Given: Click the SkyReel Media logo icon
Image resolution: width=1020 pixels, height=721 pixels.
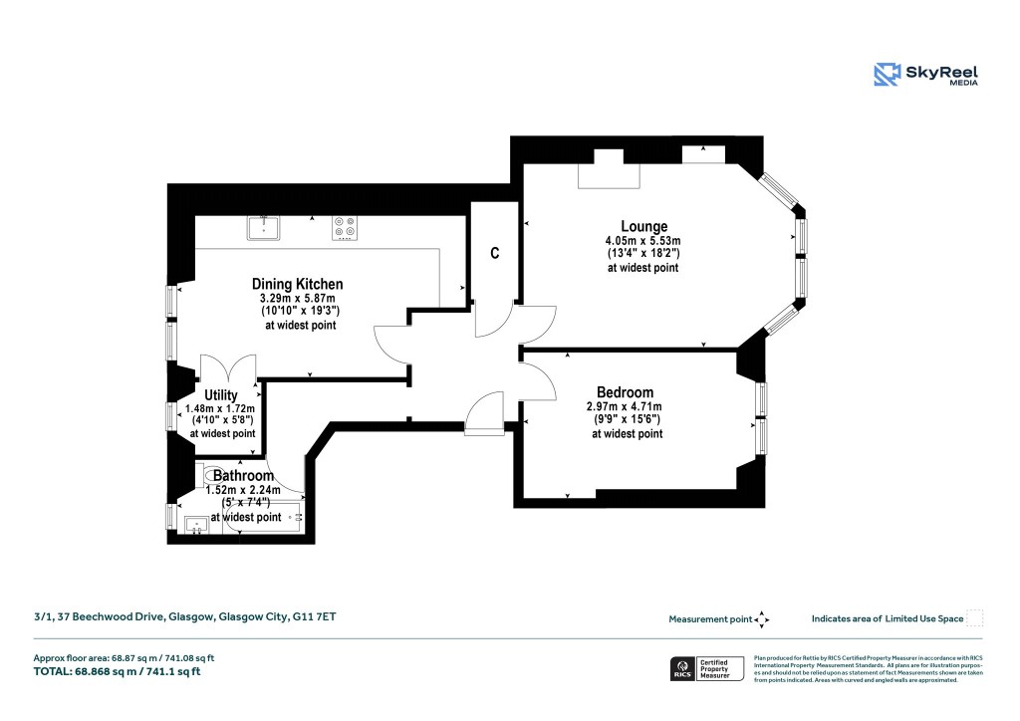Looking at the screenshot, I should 887,75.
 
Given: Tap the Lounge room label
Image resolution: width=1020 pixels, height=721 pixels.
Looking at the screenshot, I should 643,226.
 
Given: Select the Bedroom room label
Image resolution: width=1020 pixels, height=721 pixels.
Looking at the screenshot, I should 625,391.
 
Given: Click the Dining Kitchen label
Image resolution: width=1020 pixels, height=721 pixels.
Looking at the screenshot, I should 297,284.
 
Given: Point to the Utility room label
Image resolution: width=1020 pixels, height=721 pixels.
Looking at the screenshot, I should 220,394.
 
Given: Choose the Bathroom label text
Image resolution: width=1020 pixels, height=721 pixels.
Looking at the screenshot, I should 243,476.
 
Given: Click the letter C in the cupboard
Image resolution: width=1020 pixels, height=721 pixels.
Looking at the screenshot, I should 494,253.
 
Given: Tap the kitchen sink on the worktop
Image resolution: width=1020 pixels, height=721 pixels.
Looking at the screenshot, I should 264,228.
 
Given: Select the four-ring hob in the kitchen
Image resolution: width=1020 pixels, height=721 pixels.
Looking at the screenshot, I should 345,228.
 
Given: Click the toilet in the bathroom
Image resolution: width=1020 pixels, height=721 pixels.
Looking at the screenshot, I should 206,476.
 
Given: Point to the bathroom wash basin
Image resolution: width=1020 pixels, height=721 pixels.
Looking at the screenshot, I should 196,522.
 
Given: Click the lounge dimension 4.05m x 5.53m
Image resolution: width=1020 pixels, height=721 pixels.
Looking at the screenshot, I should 642,241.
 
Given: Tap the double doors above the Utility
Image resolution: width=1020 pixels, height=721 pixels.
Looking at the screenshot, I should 229,368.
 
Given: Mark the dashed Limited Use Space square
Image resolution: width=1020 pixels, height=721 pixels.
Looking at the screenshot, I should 975,618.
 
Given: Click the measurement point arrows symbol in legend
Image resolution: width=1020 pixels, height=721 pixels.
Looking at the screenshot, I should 762,619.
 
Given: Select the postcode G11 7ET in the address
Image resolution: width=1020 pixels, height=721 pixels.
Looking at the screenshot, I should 314,617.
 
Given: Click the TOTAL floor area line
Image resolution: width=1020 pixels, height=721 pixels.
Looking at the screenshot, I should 118,671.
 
